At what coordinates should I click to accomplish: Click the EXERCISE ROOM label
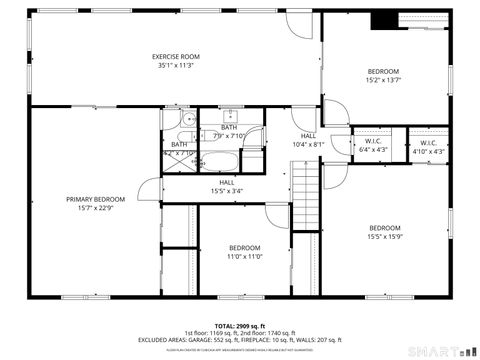tap(176, 57)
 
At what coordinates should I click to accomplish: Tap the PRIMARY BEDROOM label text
tap(95, 199)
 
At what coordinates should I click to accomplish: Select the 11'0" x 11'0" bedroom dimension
tap(245, 257)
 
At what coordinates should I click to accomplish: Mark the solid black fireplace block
tap(383, 20)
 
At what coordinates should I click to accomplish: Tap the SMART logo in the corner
tap(441, 349)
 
